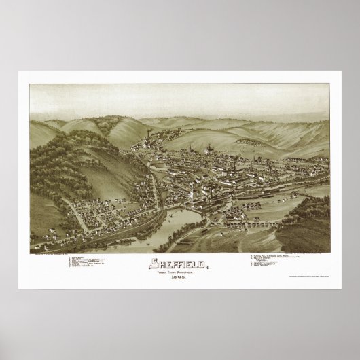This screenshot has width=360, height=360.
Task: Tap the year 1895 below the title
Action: click(x=180, y=275)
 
